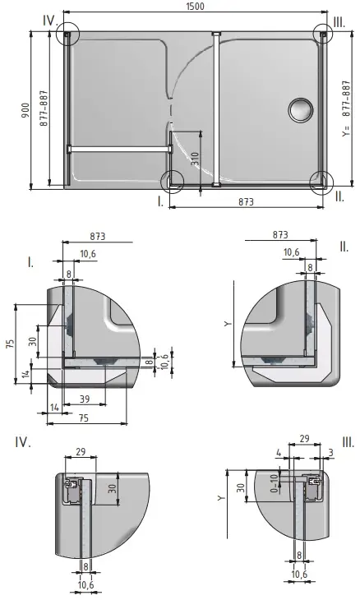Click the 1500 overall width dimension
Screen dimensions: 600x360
click(195, 6)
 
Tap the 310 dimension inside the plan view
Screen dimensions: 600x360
click(194, 159)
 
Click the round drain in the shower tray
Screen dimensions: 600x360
click(301, 108)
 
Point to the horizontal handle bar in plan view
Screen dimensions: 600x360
click(119, 149)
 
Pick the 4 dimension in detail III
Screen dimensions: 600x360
click(279, 451)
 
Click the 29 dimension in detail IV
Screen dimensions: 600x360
click(80, 451)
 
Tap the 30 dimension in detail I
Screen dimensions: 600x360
click(33, 343)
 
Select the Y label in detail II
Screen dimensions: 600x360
click(228, 324)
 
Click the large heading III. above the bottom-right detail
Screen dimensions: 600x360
click(348, 443)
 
